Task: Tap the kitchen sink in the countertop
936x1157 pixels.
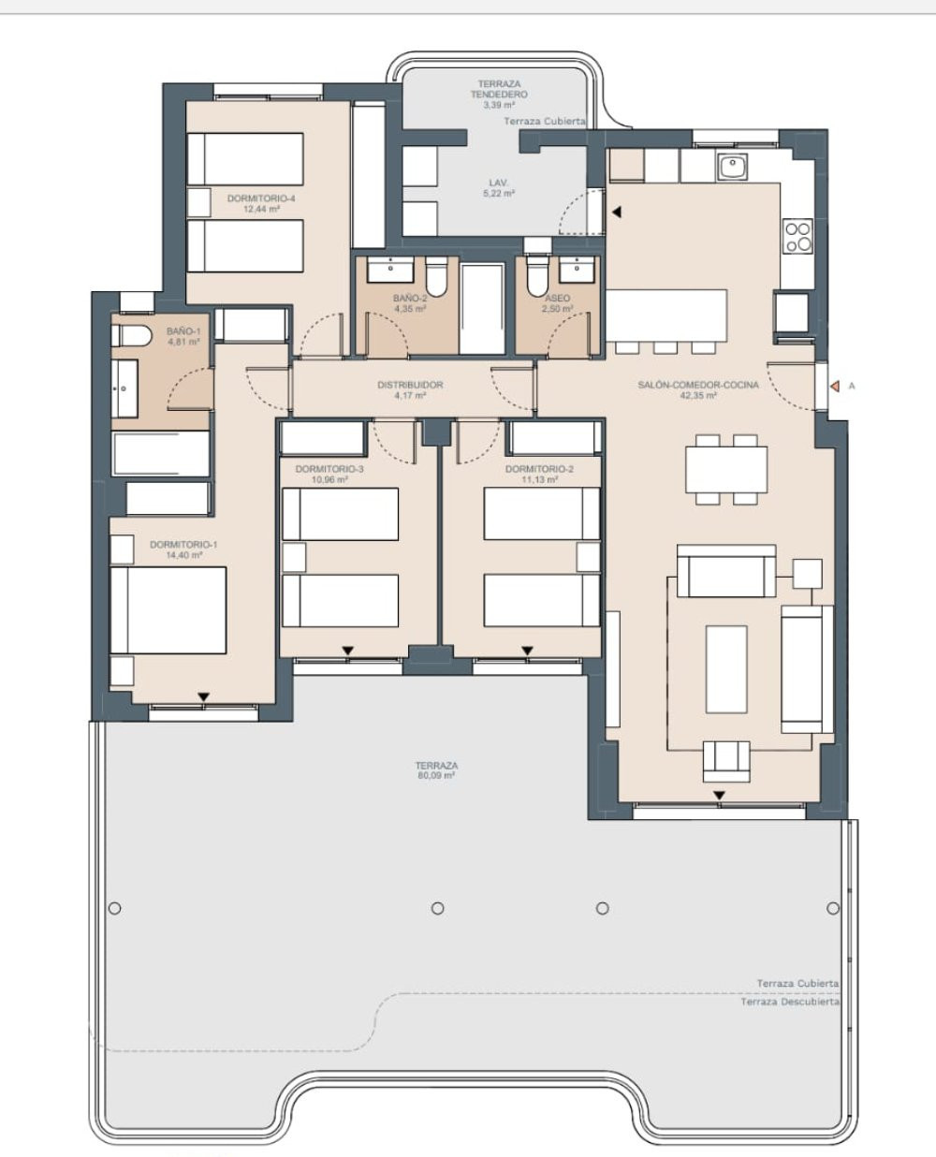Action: pyautogui.click(x=732, y=168)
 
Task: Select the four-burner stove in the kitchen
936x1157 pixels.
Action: pyautogui.click(x=797, y=236)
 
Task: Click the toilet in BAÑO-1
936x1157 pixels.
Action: pyautogui.click(x=131, y=336)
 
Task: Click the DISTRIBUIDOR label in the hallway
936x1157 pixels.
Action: pyautogui.click(x=410, y=385)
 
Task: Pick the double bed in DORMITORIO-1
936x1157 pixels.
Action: pyautogui.click(x=168, y=609)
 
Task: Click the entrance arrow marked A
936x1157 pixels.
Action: pyautogui.click(x=830, y=385)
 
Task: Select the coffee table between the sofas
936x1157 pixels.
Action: pyautogui.click(x=725, y=668)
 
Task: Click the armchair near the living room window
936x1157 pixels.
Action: pyautogui.click(x=726, y=759)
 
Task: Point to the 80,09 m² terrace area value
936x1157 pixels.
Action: pyautogui.click(x=437, y=776)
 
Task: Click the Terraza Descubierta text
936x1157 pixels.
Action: pyautogui.click(x=789, y=1002)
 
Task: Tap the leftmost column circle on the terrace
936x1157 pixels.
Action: pyautogui.click(x=115, y=908)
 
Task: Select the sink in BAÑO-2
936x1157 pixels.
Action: pyautogui.click(x=387, y=271)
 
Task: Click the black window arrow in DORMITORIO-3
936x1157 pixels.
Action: pyautogui.click(x=347, y=651)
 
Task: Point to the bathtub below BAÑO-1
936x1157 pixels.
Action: pyautogui.click(x=160, y=454)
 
